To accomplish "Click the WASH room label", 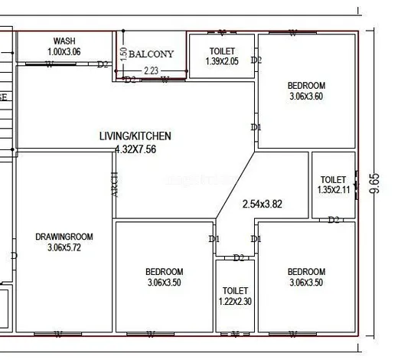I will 64,41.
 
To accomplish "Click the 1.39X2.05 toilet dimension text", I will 223,61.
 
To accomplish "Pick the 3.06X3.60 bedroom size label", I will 306,97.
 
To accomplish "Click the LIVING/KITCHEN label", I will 135,136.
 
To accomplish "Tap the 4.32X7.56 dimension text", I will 135,149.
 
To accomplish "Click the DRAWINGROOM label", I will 64,237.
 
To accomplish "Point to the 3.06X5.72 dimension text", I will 64,247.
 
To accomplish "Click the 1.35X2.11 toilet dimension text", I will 333,189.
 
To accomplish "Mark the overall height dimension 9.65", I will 374,184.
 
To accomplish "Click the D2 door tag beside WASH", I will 103,64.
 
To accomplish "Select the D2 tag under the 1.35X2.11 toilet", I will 334,220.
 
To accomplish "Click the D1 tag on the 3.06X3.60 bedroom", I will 256,127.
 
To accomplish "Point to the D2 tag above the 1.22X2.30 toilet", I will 239,257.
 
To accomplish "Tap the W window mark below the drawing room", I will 59,333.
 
